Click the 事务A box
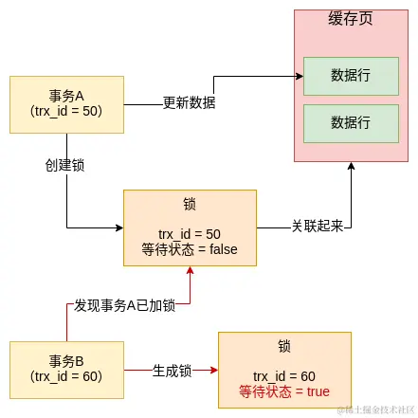pos(66,103)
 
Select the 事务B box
pos(66,369)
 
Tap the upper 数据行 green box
pos(351,76)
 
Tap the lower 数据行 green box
pos(351,122)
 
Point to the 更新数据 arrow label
pos(189,103)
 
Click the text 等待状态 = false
pos(190,249)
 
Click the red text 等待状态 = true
pos(284,391)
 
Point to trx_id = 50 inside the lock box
pos(190,233)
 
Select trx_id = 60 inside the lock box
pos(284,375)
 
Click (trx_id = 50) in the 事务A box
pos(66,112)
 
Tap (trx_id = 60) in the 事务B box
pos(66,377)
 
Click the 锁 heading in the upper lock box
pos(190,205)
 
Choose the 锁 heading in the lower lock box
pos(284,347)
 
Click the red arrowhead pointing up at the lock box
pos(191,271)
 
